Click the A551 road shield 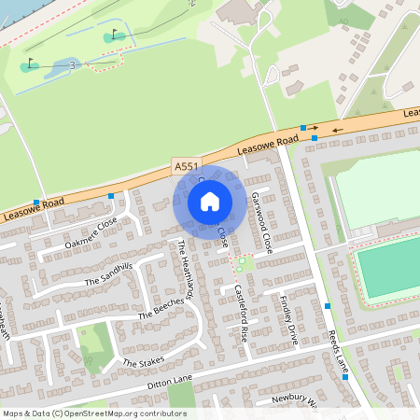click(186, 165)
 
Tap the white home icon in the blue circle click(210, 201)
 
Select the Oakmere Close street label click(91, 231)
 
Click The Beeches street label click(161, 309)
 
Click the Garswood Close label click(260, 223)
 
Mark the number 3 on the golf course click(71, 63)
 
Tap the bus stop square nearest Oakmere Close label click(111, 196)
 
